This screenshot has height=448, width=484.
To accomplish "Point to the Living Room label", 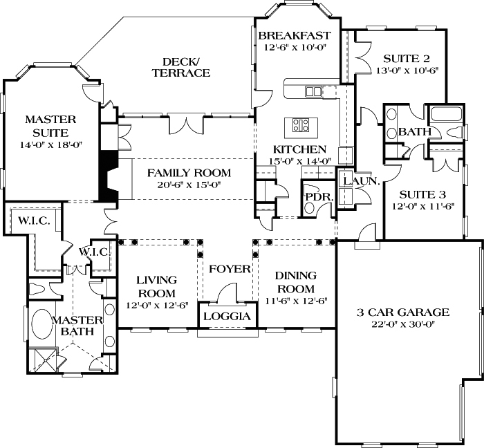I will tap(157, 286).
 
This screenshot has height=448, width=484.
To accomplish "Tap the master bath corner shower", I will tap(47, 358).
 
